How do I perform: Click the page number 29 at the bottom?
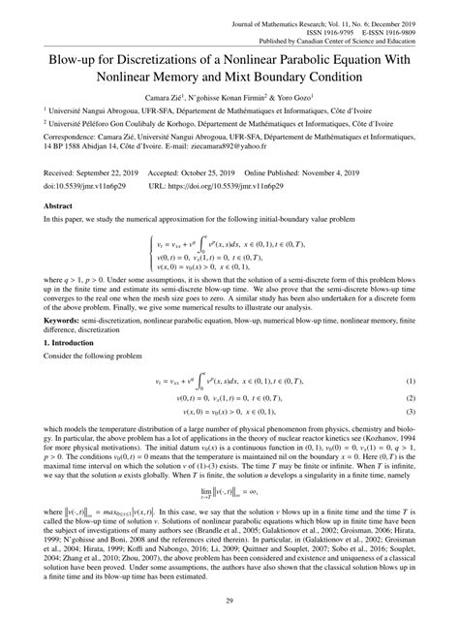pos(229,601)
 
